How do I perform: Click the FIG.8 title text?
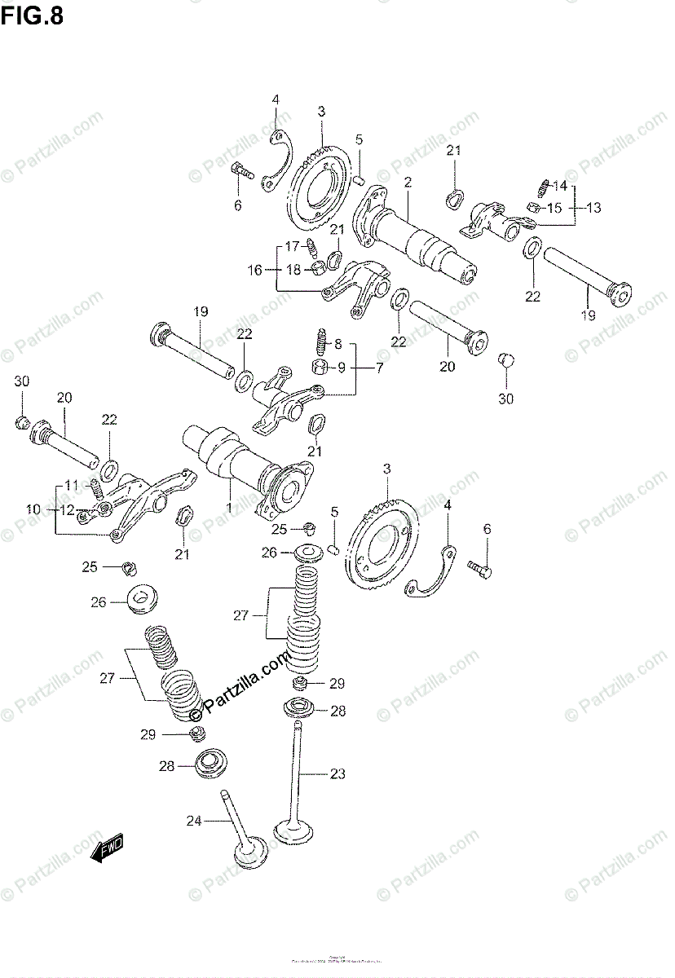pos(32,15)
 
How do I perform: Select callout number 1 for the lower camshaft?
pos(229,507)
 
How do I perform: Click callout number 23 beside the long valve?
pos(337,773)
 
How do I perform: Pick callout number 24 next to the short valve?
pos(193,821)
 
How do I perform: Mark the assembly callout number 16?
pos(255,270)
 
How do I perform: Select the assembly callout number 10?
pos(33,509)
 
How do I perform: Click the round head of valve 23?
pos(293,831)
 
